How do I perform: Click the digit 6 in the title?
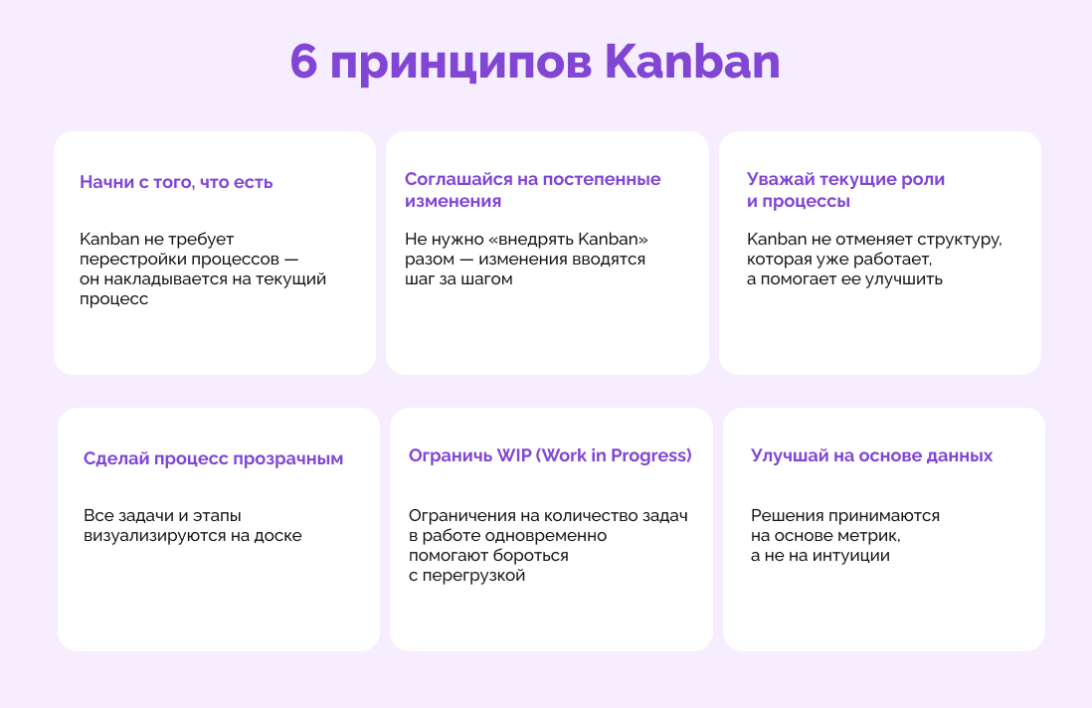(x=303, y=62)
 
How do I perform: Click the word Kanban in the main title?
(x=692, y=62)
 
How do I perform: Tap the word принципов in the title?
(x=461, y=64)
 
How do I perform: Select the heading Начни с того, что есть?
(x=176, y=182)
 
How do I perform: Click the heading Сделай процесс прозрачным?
(x=213, y=458)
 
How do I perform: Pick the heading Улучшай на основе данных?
(x=871, y=456)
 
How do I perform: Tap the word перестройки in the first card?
(x=124, y=260)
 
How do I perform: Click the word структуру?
(x=960, y=241)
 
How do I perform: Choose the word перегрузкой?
(x=473, y=577)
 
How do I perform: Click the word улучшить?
(x=911, y=279)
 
